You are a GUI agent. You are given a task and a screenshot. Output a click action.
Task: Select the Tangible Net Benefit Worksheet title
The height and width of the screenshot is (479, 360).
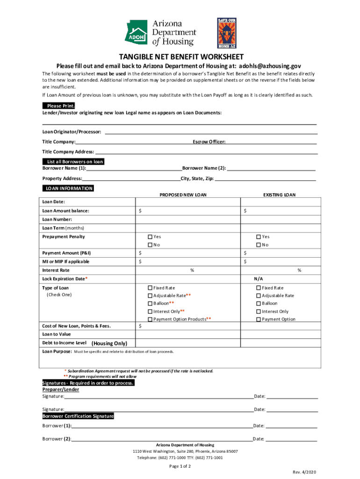tap(180, 57)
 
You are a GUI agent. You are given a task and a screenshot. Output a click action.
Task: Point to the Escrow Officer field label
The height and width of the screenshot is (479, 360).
tap(209, 142)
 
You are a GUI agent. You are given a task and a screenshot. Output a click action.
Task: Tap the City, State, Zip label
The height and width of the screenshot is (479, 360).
tap(197, 179)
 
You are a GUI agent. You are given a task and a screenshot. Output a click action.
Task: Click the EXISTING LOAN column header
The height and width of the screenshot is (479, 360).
tap(279, 195)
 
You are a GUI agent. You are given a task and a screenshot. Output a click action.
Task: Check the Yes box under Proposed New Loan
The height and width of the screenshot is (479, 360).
tap(150, 237)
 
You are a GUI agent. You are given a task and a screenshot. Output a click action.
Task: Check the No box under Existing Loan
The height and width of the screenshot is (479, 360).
tap(259, 245)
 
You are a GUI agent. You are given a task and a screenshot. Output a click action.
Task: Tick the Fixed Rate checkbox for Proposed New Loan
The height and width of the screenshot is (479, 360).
tap(150, 288)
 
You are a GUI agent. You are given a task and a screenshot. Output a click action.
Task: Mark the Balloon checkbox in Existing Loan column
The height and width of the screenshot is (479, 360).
tap(259, 304)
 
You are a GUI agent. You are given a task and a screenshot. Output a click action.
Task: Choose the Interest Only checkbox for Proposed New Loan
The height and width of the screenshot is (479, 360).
tap(150, 312)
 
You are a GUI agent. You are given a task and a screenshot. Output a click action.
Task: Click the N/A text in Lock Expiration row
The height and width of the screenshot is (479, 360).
tap(259, 278)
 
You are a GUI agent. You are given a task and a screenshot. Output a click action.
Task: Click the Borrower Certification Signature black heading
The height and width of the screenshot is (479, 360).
tap(78, 416)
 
